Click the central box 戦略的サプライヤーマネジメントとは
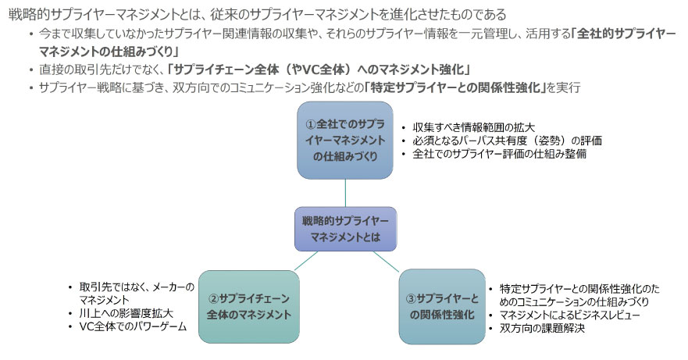point(344,228)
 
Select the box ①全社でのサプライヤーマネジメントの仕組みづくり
point(344,141)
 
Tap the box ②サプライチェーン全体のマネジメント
point(249,306)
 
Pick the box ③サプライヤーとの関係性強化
point(442,306)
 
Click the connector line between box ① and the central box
point(344,193)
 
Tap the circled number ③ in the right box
point(412,298)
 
